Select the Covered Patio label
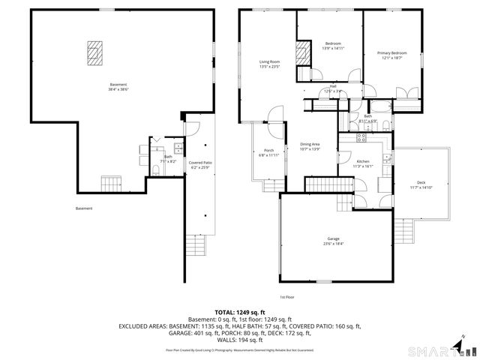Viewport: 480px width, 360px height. tap(200, 164)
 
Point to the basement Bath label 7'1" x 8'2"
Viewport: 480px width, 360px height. tap(168, 158)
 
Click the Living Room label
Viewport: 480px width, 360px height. tap(269, 64)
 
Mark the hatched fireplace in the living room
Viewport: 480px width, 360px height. tap(304, 52)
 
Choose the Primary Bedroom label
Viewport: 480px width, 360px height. tap(391, 55)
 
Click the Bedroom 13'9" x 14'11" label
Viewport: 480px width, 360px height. tap(333, 46)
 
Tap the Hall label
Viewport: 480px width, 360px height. tap(333, 88)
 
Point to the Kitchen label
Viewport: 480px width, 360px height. tap(363, 163)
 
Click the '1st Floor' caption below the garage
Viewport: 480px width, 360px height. tap(287, 297)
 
